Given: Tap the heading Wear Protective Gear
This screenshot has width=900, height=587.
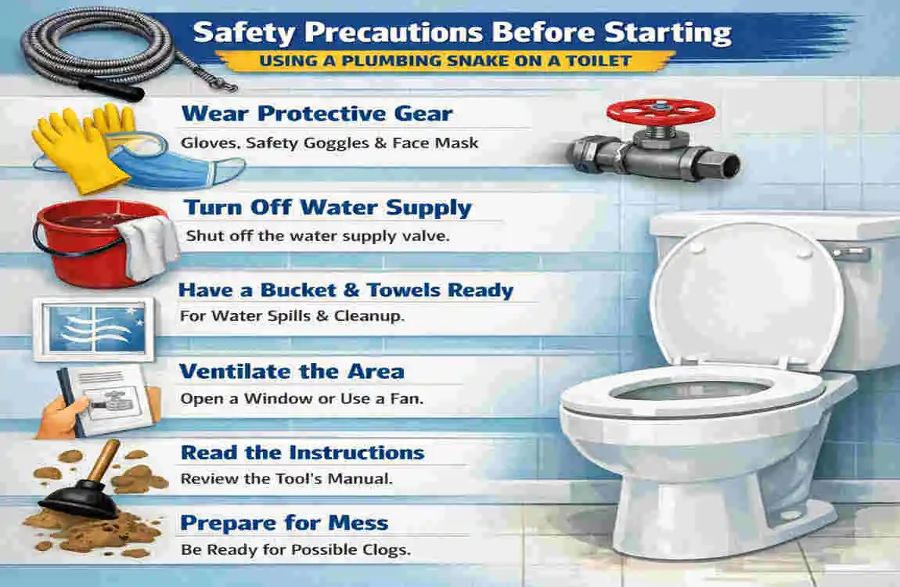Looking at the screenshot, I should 317,114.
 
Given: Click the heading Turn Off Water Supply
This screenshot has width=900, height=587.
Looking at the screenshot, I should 327,208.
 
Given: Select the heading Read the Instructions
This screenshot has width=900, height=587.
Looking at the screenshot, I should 302,452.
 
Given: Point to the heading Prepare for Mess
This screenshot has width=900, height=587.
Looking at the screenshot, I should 284,523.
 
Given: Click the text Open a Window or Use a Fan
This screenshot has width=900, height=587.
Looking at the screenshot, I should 301,398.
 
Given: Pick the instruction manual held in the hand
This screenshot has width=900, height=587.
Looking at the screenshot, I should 113,399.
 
